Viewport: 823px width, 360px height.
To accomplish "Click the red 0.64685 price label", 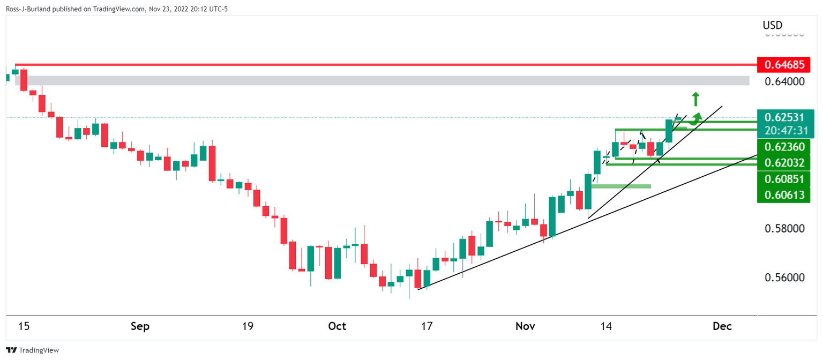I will (786, 65).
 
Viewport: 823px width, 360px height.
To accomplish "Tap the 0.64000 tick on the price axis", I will (784, 82).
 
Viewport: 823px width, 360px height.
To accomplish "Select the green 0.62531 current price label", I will (786, 117).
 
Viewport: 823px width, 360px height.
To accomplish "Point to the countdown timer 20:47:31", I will (786, 130).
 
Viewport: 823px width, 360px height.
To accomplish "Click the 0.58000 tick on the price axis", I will (784, 229).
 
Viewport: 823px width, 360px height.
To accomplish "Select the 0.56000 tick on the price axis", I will (784, 278).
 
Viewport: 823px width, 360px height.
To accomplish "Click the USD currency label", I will (772, 25).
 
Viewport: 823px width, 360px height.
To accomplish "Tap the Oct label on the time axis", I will (337, 326).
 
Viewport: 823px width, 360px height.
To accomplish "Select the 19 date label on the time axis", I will (247, 326).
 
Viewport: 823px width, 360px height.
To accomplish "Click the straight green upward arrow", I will (695, 99).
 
